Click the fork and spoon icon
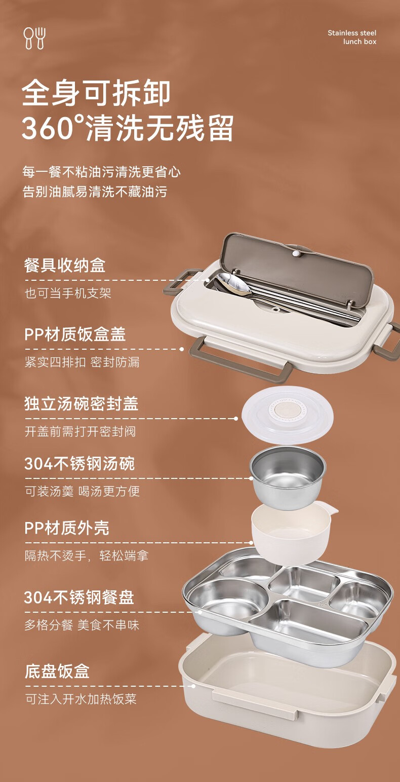click(x=34, y=38)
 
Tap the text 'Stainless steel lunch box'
click(x=352, y=37)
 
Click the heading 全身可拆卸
click(x=96, y=93)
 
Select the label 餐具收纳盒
click(x=64, y=266)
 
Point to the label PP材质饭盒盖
click(x=75, y=334)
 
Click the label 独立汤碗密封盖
click(x=81, y=403)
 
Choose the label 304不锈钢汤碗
click(x=79, y=464)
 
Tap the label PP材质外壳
click(x=67, y=528)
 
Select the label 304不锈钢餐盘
click(x=79, y=598)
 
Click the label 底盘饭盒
click(x=57, y=672)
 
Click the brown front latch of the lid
click(x=241, y=360)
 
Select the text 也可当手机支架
click(x=68, y=293)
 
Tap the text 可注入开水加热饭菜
click(x=81, y=699)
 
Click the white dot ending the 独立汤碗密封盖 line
click(x=236, y=418)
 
